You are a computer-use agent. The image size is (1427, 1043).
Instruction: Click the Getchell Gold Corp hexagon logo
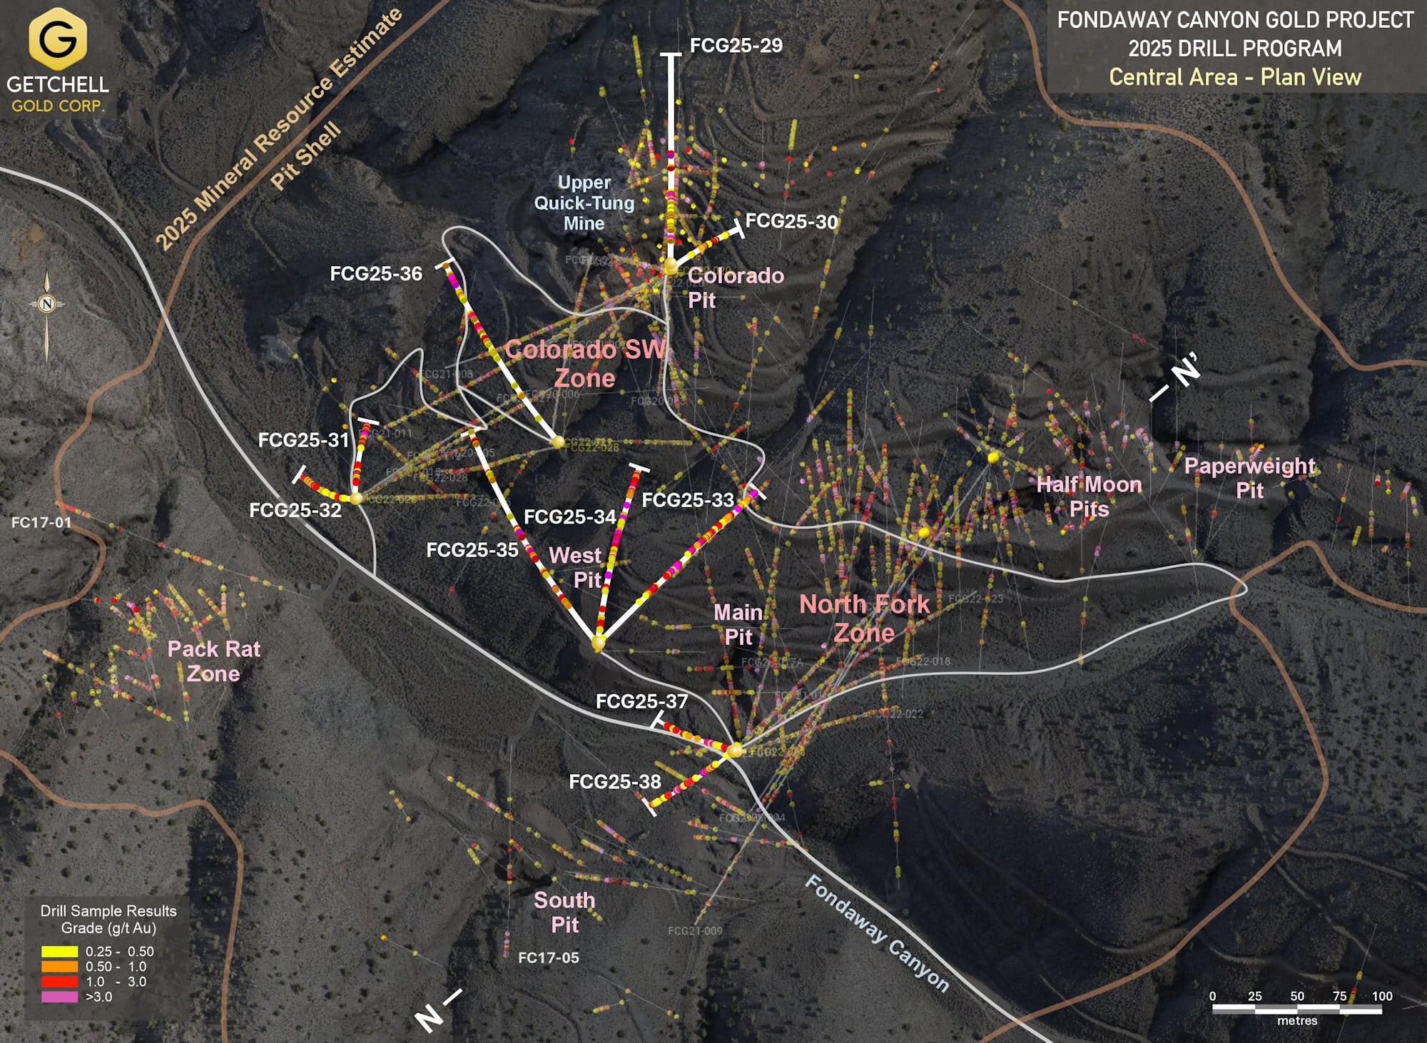57,39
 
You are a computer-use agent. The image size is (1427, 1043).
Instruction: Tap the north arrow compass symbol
47,305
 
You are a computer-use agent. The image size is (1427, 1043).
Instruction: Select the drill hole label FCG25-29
736,46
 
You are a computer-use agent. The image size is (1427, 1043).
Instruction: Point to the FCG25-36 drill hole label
376,274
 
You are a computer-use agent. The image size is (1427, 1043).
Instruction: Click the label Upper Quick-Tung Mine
584,203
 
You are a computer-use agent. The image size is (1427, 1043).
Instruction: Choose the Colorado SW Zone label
585,364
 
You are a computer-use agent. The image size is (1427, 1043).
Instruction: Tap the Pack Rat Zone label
213,661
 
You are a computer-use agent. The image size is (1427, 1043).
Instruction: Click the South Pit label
564,912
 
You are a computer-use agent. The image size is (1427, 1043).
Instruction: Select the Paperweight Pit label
1249,478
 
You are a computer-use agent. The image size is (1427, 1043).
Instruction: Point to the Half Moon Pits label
1089,497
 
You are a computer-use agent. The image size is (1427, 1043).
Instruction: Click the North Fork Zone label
864,619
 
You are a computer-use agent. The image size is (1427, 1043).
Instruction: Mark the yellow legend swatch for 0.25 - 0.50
59,952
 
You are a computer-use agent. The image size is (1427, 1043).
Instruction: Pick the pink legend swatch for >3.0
59,997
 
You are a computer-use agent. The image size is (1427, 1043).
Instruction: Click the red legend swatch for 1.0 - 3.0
59,982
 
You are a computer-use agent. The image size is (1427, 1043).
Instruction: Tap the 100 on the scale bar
1381,996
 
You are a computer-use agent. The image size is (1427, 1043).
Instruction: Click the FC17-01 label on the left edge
41,522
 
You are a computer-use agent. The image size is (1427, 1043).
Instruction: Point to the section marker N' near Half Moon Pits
1185,371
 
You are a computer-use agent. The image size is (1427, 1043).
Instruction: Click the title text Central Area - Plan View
1234,77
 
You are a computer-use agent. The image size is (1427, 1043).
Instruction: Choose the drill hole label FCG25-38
614,782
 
